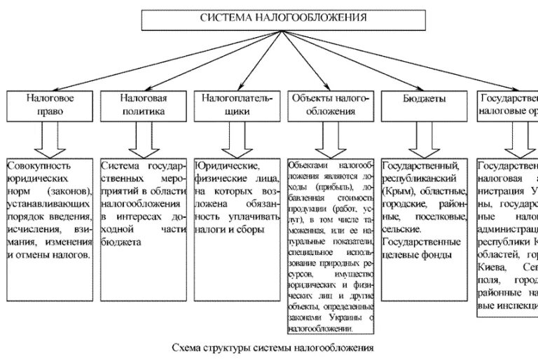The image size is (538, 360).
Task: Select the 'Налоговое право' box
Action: [x=50, y=104]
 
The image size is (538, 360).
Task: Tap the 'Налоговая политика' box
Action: [x=144, y=104]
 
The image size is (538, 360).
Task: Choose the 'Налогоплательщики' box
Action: [x=236, y=104]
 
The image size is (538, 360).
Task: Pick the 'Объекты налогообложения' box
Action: [x=329, y=104]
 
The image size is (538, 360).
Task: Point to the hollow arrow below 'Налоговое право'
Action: [x=50, y=139]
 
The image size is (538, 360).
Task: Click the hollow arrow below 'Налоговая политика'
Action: [x=144, y=139]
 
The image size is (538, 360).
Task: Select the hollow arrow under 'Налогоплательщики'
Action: [x=236, y=139]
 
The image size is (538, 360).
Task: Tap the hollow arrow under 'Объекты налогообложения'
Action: [x=329, y=139]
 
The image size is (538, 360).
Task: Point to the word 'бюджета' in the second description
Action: [x=121, y=242]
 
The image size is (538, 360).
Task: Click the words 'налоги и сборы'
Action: [x=228, y=229]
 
